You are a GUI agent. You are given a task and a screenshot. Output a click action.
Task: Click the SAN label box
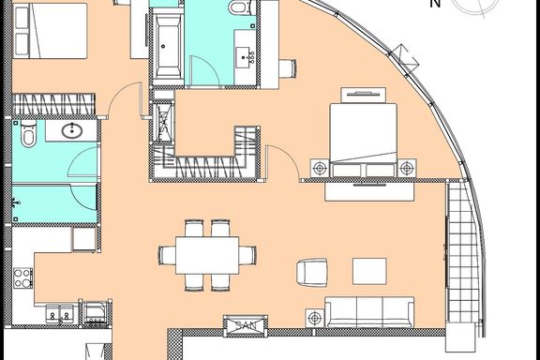tap(246, 325)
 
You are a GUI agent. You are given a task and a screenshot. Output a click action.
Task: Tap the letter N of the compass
tap(435, 4)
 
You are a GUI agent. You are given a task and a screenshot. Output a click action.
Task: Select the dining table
tap(207, 255)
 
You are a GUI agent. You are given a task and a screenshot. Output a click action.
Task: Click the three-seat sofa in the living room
tap(369, 312)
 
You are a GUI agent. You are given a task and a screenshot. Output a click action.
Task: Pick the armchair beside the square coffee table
tap(311, 273)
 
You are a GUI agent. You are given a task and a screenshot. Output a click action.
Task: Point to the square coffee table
tap(369, 272)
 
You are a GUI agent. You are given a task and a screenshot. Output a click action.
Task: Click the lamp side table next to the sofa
tap(315, 318)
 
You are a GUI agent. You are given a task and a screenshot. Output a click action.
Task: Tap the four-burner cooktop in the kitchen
tap(22, 278)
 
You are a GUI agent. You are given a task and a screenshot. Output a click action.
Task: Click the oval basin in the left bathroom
tap(72, 130)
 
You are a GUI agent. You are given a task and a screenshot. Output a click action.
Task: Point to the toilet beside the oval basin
tap(28, 135)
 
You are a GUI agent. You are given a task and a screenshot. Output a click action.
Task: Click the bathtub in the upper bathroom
tap(168, 47)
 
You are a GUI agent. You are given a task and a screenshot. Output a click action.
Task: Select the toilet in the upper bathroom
tap(241, 7)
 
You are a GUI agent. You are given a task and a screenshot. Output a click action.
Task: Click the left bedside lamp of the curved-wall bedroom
tap(320, 168)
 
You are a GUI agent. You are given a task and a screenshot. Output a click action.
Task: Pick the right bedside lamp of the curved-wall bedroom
tap(407, 168)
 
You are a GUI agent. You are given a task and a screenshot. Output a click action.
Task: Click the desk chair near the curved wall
tap(288, 68)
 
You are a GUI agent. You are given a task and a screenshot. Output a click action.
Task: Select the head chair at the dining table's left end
tap(167, 255)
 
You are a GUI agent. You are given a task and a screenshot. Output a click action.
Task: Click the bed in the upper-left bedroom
tap(50, 31)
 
